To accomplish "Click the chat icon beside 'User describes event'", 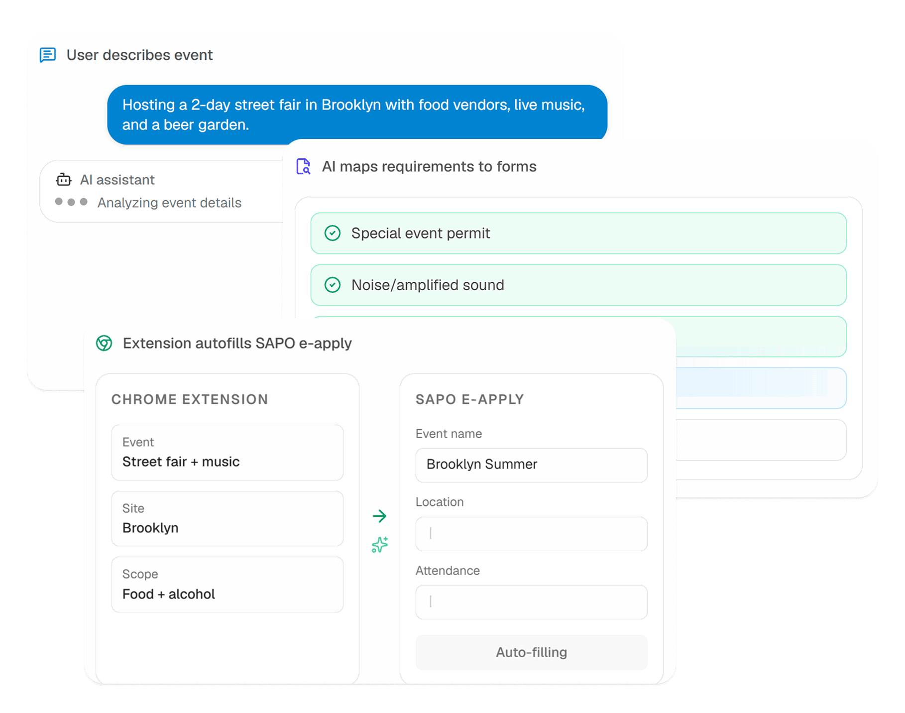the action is [48, 55].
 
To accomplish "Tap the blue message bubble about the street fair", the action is [357, 115].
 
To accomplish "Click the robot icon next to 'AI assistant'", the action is [64, 179].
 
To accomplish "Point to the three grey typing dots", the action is [71, 202].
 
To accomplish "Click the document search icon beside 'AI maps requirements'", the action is [303, 166].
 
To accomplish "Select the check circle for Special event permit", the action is [333, 233].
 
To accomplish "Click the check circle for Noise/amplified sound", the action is [333, 285].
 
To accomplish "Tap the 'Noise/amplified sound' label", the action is [428, 285].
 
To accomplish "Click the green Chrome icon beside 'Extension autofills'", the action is [104, 343].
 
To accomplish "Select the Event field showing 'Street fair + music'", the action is [227, 453].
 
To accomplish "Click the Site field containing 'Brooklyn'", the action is [227, 519].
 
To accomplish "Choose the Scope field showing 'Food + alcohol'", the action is [227, 585].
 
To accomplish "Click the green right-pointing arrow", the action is [379, 516].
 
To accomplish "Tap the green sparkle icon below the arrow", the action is [380, 544].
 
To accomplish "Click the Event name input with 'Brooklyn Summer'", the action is [532, 465].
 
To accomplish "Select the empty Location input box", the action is [532, 534].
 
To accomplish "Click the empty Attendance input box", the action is [532, 602].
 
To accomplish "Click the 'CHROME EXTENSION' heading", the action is [190, 399].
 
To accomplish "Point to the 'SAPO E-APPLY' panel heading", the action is [470, 399].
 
